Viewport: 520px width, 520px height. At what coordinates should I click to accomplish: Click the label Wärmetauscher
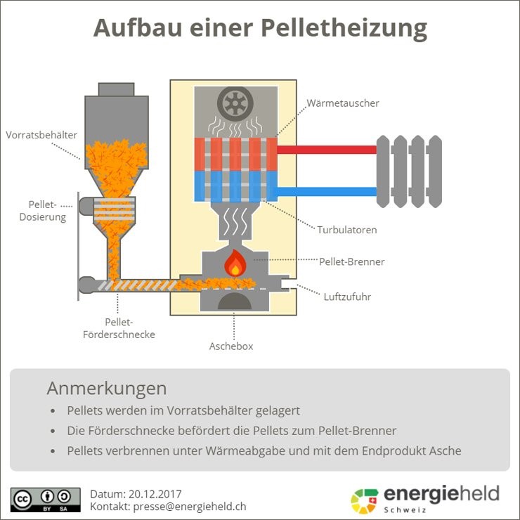[x=343, y=103]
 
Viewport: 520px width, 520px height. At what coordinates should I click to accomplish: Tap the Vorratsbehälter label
[x=41, y=134]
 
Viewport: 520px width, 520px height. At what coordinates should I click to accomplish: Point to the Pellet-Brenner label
[x=351, y=262]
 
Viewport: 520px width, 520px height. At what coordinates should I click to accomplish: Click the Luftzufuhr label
[x=347, y=297]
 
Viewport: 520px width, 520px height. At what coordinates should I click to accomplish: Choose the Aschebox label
[x=231, y=346]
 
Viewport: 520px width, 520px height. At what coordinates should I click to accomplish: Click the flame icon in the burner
[x=235, y=264]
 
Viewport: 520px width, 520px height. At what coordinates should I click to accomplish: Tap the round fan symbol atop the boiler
[x=235, y=104]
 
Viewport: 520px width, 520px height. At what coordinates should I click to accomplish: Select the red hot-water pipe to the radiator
[x=327, y=150]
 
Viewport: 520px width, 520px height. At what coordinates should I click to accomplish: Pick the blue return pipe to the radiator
[x=327, y=191]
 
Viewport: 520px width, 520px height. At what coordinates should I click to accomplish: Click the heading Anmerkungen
[x=107, y=388]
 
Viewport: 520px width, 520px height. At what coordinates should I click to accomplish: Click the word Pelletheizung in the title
[x=344, y=29]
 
